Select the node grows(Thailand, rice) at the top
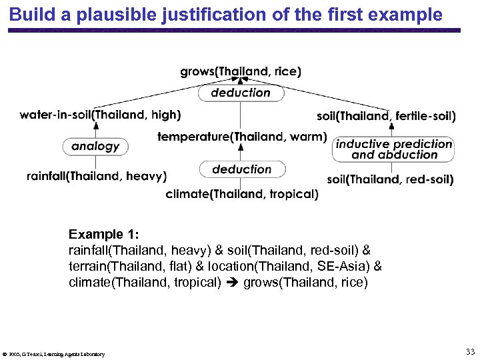pos(240,71)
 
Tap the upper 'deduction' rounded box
pos(241,93)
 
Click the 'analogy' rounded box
pos(95,146)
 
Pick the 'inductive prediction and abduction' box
pos(394,149)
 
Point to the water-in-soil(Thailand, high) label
pos(100,115)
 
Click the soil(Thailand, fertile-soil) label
pos(386,116)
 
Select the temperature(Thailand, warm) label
pos(242,137)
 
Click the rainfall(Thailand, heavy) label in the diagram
pos(97,176)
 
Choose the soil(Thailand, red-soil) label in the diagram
pos(391,179)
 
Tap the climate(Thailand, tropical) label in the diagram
pos(242,194)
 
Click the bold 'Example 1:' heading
pos(103,235)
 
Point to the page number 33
pos(470,352)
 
